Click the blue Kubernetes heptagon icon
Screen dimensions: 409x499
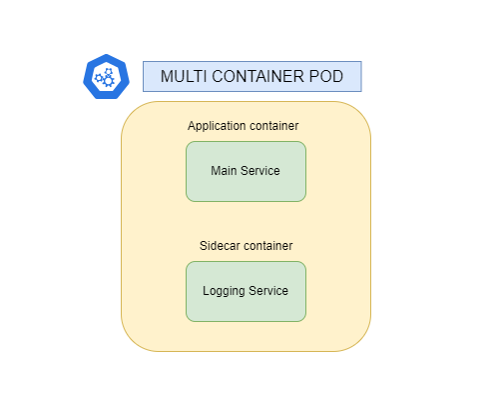[107, 77]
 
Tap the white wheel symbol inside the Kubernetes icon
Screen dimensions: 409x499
[104, 77]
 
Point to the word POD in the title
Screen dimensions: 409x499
[327, 77]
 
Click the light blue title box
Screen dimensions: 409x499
[251, 77]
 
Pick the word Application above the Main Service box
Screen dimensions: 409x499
[218, 126]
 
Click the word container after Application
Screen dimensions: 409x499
[275, 126]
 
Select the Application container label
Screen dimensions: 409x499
[244, 126]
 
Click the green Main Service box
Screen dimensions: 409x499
[246, 171]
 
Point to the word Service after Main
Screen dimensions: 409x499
[261, 171]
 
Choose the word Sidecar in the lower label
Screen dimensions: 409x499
[220, 246]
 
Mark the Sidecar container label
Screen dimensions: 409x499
[245, 246]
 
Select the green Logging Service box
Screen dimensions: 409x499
[246, 291]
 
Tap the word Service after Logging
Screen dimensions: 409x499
[269, 291]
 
